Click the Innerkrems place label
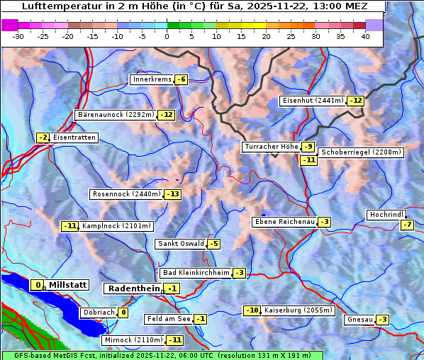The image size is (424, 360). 152,79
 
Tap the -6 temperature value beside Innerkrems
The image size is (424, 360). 181,79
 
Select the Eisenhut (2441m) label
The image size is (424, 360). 313,101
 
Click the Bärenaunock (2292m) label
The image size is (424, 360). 115,114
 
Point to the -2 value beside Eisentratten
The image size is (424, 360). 43,137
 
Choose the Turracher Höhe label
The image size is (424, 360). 270,147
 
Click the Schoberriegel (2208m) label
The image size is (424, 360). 361,152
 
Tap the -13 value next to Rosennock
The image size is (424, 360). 172,194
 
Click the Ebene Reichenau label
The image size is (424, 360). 284,222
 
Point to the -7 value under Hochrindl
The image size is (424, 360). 407,225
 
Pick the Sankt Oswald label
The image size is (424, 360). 180,244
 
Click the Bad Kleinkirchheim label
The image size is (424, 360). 196,273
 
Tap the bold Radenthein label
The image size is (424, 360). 133,288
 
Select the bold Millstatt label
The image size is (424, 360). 68,285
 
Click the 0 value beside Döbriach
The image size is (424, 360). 123,312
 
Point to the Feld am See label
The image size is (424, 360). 169,319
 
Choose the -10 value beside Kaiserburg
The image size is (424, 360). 252,310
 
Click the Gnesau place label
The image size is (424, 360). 359,320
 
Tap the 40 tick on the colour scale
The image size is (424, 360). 365,35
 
